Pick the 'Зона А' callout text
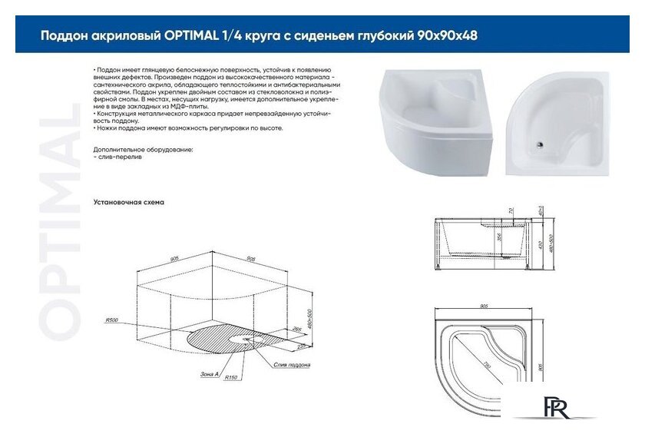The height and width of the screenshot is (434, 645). pyautogui.click(x=208, y=372)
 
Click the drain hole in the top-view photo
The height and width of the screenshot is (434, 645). pyautogui.click(x=541, y=141)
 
